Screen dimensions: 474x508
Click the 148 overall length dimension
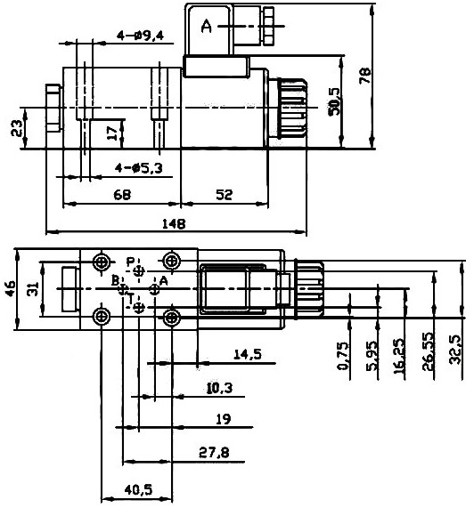tap(174, 224)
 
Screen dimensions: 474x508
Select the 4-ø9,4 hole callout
tap(140, 36)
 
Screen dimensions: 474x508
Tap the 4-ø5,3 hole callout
tap(138, 168)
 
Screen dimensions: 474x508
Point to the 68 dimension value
tap(122, 195)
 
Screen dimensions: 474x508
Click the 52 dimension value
tap(225, 195)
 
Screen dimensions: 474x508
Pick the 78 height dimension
tap(364, 75)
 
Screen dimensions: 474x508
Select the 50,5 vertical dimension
tap(334, 101)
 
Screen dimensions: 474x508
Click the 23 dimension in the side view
tap(17, 128)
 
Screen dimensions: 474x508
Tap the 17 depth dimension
tap(112, 133)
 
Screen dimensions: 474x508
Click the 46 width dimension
tap(10, 288)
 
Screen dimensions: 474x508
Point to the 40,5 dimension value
tap(138, 490)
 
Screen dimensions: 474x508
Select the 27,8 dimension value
tap(214, 452)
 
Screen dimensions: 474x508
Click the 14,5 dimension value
tap(248, 354)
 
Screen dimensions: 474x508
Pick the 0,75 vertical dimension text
tap(344, 356)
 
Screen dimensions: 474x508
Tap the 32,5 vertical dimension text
tap(455, 350)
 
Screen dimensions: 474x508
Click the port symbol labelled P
tap(139, 270)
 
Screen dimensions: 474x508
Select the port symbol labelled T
tap(139, 307)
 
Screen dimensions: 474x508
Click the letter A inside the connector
tap(207, 26)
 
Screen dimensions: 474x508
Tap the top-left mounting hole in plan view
tap(102, 262)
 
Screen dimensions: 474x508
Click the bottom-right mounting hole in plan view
tap(172, 318)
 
